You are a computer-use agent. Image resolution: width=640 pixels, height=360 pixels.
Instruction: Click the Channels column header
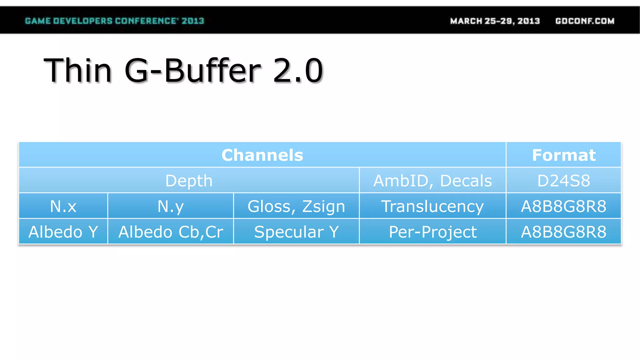pyautogui.click(x=262, y=155)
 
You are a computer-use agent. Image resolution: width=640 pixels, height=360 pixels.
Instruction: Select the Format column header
pyautogui.click(x=564, y=155)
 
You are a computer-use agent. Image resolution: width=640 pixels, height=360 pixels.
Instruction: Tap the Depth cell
pyautogui.click(x=189, y=181)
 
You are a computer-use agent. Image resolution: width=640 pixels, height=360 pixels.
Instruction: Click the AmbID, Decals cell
pyautogui.click(x=432, y=181)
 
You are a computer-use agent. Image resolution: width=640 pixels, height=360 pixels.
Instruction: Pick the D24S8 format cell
pyautogui.click(x=564, y=181)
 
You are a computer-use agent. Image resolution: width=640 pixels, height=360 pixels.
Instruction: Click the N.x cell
pyautogui.click(x=63, y=206)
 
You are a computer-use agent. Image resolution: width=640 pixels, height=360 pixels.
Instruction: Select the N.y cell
pyautogui.click(x=171, y=206)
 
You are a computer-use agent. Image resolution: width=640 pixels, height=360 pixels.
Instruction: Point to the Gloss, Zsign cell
pyautogui.click(x=296, y=206)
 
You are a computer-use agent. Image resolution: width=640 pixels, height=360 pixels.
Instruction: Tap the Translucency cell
pyautogui.click(x=432, y=206)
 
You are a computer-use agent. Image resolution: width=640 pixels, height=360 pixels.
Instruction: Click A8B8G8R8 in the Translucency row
pyautogui.click(x=564, y=206)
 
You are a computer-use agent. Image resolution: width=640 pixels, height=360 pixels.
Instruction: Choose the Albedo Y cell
pyautogui.click(x=63, y=232)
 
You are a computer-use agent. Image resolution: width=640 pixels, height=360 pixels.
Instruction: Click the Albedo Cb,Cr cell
pyautogui.click(x=171, y=232)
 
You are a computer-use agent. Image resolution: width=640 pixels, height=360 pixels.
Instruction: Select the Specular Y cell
pyautogui.click(x=296, y=232)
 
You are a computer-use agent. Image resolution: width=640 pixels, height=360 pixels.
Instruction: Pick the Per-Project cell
pyautogui.click(x=432, y=232)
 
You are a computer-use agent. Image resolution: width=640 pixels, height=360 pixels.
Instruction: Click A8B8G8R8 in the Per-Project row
pyautogui.click(x=564, y=232)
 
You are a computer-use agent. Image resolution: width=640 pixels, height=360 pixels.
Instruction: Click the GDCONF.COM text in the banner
pyautogui.click(x=585, y=21)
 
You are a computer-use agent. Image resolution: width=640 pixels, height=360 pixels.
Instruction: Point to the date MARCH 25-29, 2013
pyautogui.click(x=495, y=21)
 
